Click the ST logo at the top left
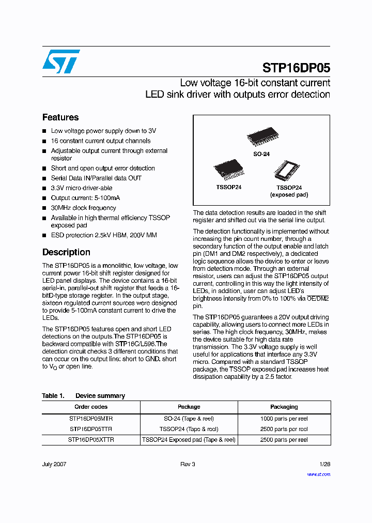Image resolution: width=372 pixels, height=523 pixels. (61, 61)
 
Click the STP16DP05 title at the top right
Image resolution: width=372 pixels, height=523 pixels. (296, 68)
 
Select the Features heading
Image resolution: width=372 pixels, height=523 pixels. (60, 117)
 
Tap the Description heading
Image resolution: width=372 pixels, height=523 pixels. (66, 252)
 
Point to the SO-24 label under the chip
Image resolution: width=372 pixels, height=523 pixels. (261, 154)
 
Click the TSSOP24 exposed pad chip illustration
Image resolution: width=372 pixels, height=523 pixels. (287, 170)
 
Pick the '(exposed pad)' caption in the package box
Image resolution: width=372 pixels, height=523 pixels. (289, 195)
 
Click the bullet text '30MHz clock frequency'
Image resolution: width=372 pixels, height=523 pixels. (83, 208)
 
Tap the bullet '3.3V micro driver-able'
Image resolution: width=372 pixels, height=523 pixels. (82, 188)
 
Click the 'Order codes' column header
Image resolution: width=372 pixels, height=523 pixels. (91, 407)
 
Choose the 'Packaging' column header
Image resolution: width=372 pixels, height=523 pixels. (284, 407)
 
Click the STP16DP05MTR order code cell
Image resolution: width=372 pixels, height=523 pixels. (91, 419)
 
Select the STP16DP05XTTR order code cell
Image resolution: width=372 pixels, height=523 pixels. (91, 440)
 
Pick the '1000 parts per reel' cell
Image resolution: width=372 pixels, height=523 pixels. (284, 419)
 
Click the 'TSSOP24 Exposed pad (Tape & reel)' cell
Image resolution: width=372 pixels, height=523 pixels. (189, 440)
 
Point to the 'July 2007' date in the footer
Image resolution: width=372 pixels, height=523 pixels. (54, 464)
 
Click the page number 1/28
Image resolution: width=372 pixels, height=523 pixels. (324, 464)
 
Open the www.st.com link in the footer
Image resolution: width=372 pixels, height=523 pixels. (318, 474)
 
